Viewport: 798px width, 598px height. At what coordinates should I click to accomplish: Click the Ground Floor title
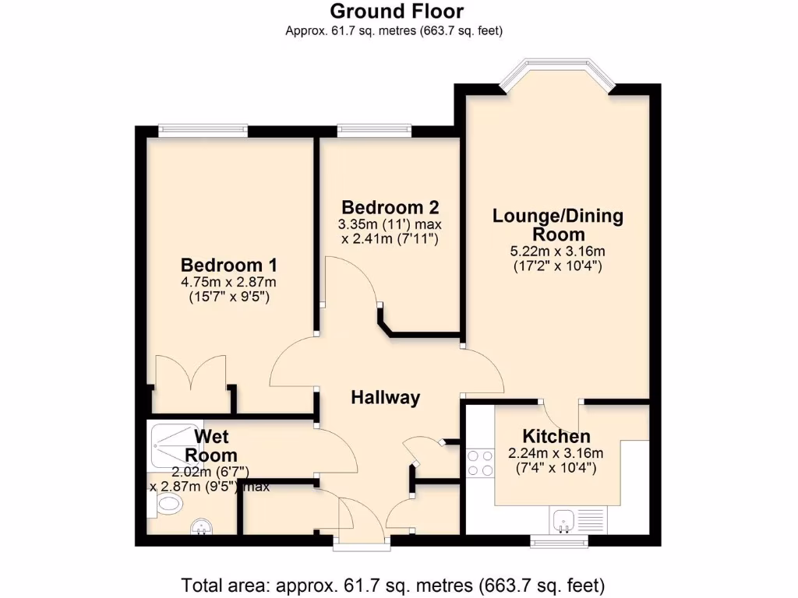(397, 12)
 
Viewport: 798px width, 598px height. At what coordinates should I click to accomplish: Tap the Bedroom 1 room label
(228, 264)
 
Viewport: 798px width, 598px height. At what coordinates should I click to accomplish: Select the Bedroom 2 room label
(390, 207)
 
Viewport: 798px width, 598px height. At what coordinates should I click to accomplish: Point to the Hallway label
(385, 398)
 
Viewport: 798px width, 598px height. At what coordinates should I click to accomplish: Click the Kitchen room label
(556, 437)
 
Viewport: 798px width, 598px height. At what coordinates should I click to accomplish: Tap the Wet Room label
(210, 445)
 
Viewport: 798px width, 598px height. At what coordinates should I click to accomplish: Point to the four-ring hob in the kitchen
(479, 463)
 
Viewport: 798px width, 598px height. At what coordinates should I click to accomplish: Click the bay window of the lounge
(557, 76)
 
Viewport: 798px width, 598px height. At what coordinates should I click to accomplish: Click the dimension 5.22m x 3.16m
(557, 251)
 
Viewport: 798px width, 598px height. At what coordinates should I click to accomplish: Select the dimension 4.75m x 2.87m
(228, 282)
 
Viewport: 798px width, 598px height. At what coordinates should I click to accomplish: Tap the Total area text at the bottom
(393, 584)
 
